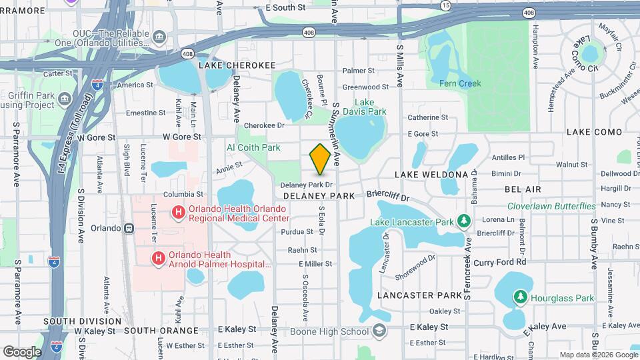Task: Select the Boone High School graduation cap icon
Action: [379, 331]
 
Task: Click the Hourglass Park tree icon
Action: [519, 297]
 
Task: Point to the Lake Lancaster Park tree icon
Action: [464, 221]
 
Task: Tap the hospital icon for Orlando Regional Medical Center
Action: [178, 213]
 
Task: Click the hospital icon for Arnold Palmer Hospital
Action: [159, 258]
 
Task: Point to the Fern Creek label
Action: [460, 83]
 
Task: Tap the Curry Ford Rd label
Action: [500, 262]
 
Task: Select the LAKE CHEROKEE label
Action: [237, 65]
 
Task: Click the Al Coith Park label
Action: [253, 147]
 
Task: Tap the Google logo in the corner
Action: [22, 351]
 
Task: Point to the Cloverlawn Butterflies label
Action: [551, 206]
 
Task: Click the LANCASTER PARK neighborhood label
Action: [419, 295]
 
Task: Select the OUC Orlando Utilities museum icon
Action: [159, 35]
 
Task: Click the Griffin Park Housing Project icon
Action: [65, 100]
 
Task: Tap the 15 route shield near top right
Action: [445, 5]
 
